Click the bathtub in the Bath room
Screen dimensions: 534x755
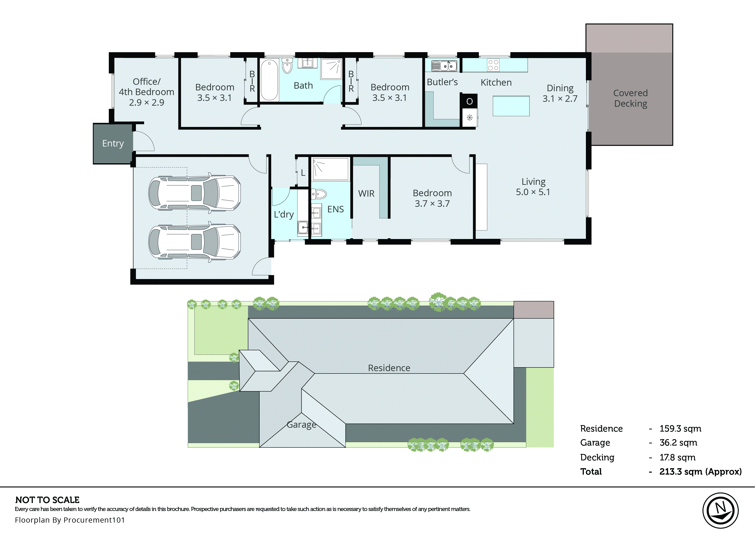tap(269, 80)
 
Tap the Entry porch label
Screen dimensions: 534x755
tap(113, 143)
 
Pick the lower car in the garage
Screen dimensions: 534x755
tap(195, 242)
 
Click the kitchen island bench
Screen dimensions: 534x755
tap(511, 106)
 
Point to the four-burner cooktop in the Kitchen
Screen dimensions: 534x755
tap(493, 65)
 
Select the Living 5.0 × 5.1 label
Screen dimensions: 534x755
tap(533, 187)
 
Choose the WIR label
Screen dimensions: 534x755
tap(366, 194)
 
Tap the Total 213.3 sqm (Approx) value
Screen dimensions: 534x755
tap(700, 472)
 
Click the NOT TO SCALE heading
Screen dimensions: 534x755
tap(47, 500)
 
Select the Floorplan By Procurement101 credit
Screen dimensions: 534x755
tap(70, 520)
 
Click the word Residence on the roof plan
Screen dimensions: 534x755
tap(389, 368)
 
